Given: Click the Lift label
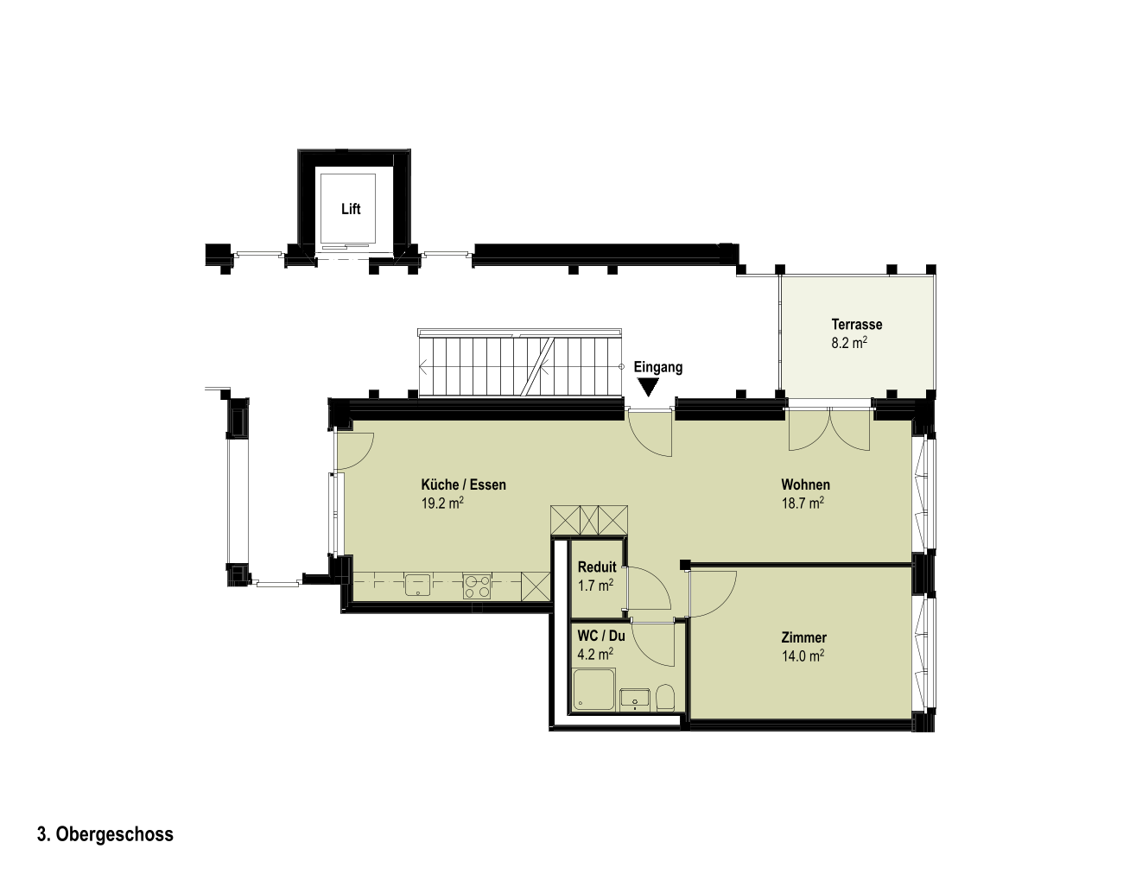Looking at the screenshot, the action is (351, 209).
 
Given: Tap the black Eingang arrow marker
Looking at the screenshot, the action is (648, 388).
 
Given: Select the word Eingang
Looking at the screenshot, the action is (657, 367).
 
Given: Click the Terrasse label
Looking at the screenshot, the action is (856, 324).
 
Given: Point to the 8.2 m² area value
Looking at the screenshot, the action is (849, 343).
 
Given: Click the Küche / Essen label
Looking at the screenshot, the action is (463, 484).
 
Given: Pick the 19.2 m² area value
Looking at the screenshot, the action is (441, 503).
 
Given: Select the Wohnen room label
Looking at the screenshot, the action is (805, 484).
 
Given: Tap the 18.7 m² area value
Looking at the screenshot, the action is (803, 503).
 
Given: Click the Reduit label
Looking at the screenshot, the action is (596, 567).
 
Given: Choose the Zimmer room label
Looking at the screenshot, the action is (803, 637).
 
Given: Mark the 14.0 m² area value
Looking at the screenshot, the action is (803, 656).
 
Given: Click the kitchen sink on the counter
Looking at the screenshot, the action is (417, 585).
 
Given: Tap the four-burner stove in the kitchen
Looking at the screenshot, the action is (476, 586).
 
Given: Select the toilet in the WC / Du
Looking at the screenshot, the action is (665, 698).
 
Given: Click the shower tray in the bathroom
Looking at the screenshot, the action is (593, 689).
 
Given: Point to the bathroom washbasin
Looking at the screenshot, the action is (635, 698).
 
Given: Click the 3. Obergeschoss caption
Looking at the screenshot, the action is (105, 834).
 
